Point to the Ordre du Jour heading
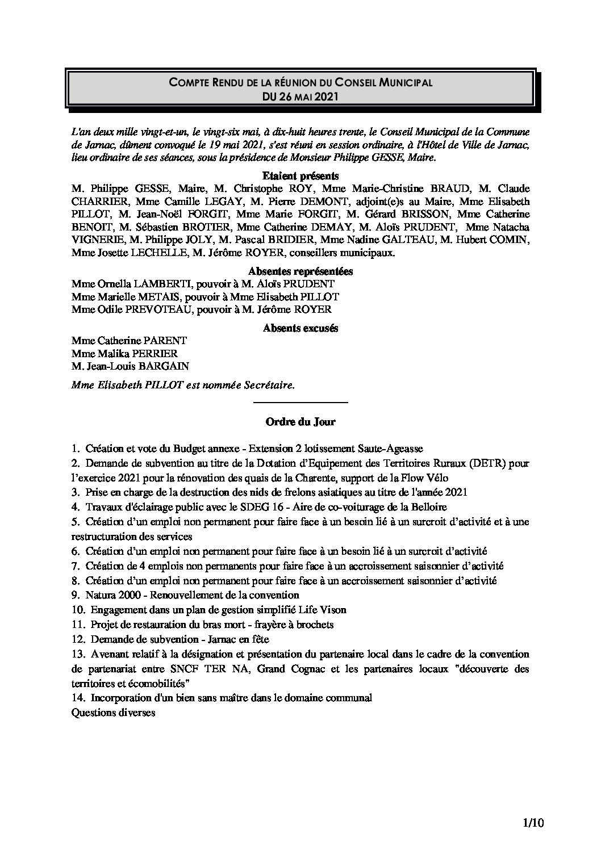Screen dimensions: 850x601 coord(300,421)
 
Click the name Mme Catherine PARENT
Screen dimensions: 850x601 coord(129,341)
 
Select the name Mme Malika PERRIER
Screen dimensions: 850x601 coord(124,354)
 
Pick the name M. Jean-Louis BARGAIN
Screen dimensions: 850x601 coord(130,366)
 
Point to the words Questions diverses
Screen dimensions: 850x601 coord(113,713)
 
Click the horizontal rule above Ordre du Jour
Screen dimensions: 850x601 coord(300,403)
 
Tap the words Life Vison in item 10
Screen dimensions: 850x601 coord(324,610)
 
